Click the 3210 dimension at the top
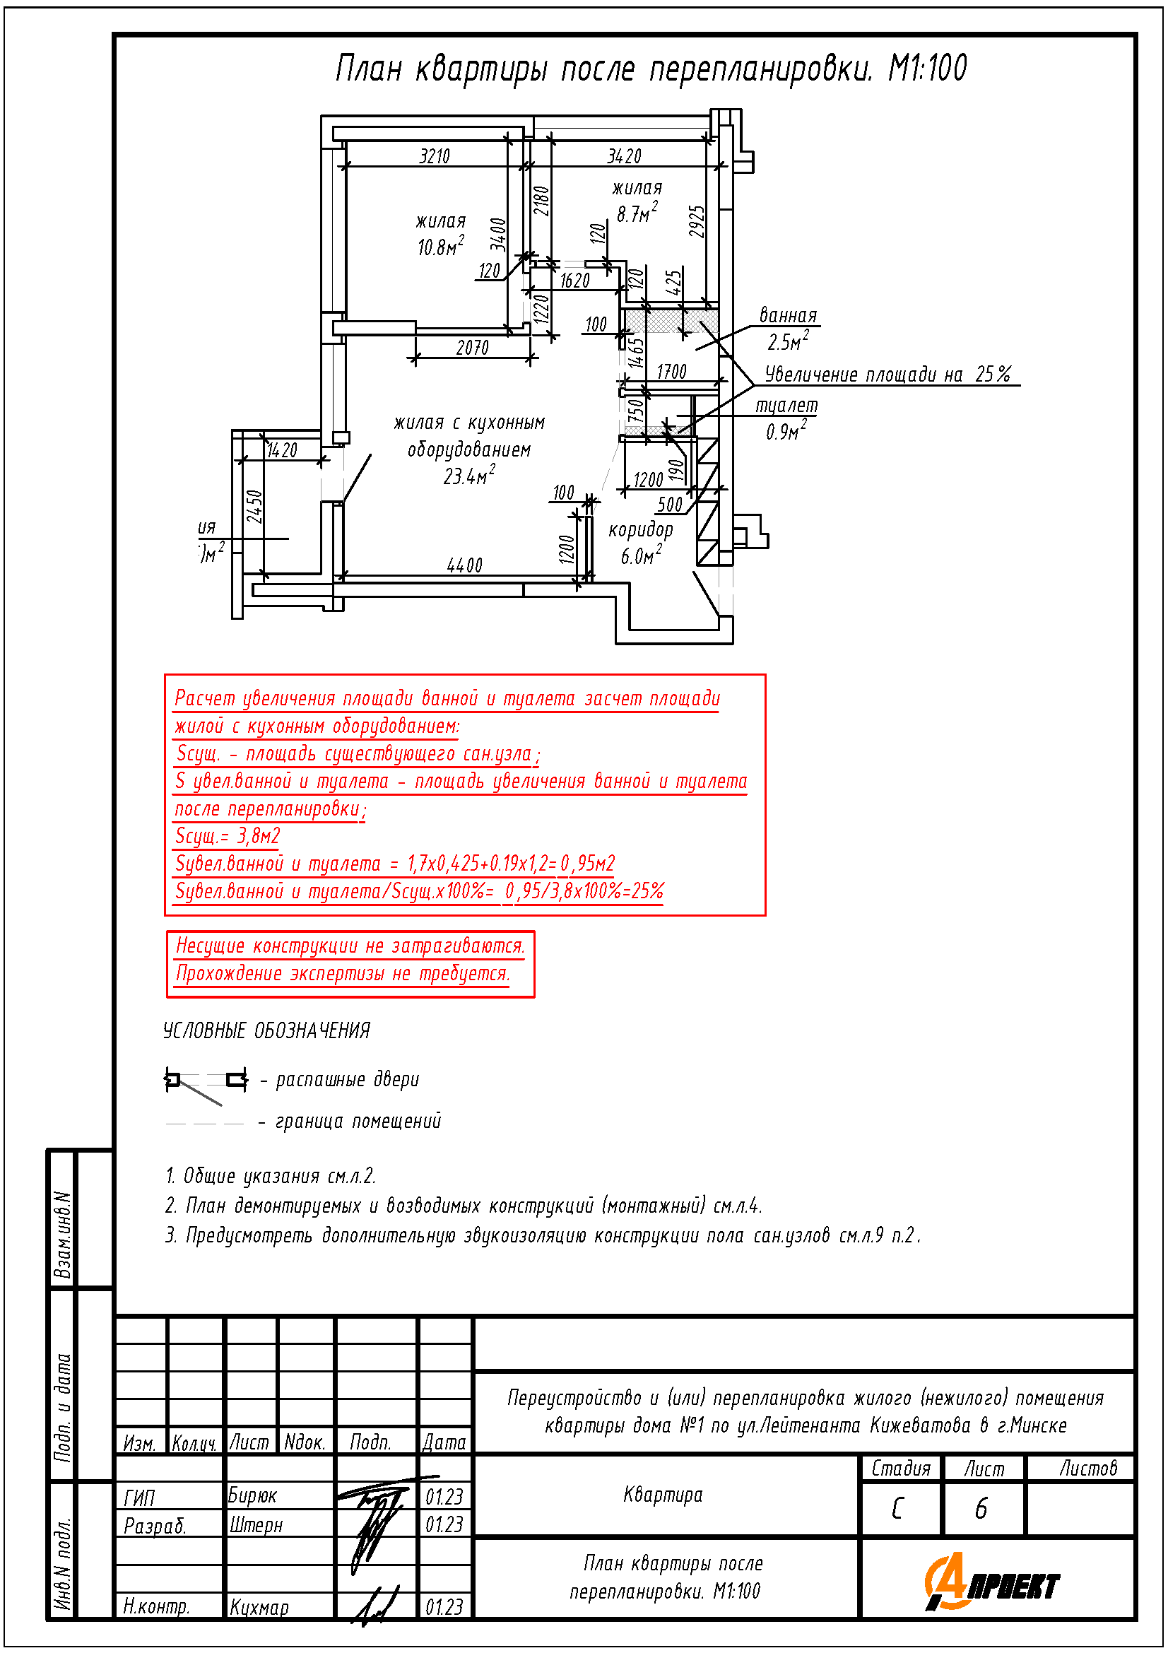(x=434, y=156)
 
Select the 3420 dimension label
(x=623, y=156)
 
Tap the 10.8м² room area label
(x=440, y=247)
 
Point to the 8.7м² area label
(x=636, y=213)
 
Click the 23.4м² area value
(x=468, y=476)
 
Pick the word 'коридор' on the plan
(x=639, y=530)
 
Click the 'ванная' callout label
(x=788, y=315)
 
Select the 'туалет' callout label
(x=786, y=406)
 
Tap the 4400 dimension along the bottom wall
(x=464, y=565)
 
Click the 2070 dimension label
(x=472, y=348)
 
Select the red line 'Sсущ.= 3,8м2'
(x=228, y=836)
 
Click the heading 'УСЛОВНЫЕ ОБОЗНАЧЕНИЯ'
(x=266, y=1031)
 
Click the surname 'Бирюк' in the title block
(x=252, y=1496)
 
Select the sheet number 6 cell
(x=981, y=1509)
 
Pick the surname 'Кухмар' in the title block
(x=259, y=1608)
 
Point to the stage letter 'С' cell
(x=897, y=1509)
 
